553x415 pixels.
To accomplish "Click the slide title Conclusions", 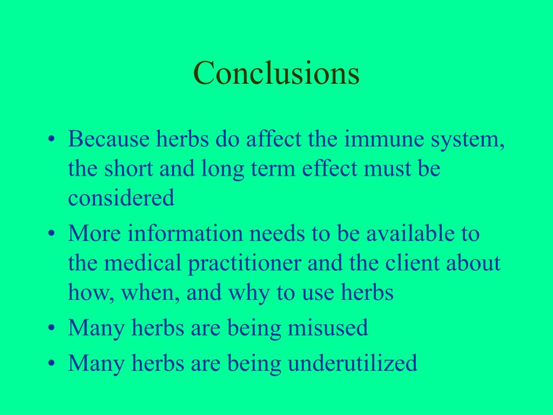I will [x=276, y=73].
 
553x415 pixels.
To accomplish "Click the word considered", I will [x=121, y=198].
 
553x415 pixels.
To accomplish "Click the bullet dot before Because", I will [x=51, y=140].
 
